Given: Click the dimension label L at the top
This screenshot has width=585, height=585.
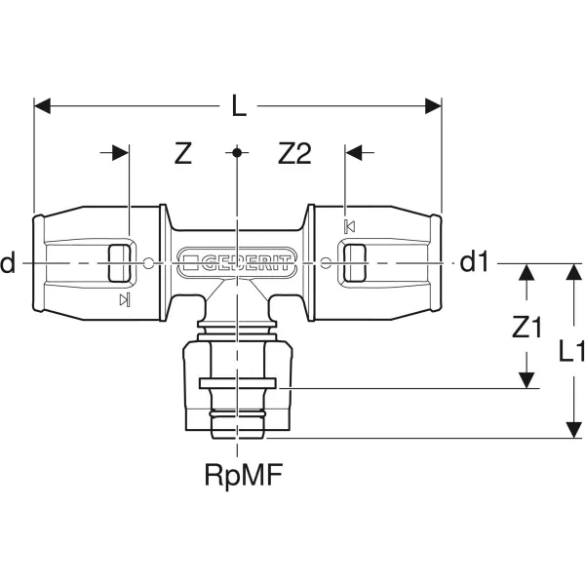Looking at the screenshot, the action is coord(239,105).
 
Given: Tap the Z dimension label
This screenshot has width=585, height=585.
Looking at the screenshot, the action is coord(183,153).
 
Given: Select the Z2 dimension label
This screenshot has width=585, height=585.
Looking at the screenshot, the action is coord(294,153).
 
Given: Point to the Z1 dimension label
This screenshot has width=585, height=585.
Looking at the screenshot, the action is coord(526,328).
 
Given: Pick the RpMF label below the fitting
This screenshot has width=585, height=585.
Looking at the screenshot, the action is coord(243,475).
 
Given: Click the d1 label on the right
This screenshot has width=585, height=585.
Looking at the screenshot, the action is coord(474,262).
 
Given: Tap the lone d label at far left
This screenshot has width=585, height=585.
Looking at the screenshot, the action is coord(8,262).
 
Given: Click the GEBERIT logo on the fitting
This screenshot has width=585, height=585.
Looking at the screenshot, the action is coord(237,262).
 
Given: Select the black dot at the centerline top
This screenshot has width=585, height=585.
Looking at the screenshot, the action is coord(237,153).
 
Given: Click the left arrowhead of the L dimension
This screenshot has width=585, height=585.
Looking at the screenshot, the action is coord(42,106).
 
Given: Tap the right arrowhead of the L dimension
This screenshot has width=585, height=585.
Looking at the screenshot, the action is coord(434,106).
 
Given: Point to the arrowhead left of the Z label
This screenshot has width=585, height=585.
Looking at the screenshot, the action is coord(121,153).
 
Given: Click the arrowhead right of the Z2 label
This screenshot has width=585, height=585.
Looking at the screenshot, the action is coord(353,153).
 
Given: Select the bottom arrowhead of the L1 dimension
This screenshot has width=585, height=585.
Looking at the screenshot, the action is coord(573,430).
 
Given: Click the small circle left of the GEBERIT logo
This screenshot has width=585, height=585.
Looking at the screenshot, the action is coord(148,263).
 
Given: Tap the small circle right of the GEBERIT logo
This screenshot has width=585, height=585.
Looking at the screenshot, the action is coord(326,263).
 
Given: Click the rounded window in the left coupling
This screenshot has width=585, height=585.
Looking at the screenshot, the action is coord(119,263).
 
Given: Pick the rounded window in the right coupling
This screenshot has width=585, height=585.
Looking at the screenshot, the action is coord(354,263).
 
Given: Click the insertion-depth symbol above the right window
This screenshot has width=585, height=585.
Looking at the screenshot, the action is coord(350,226).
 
